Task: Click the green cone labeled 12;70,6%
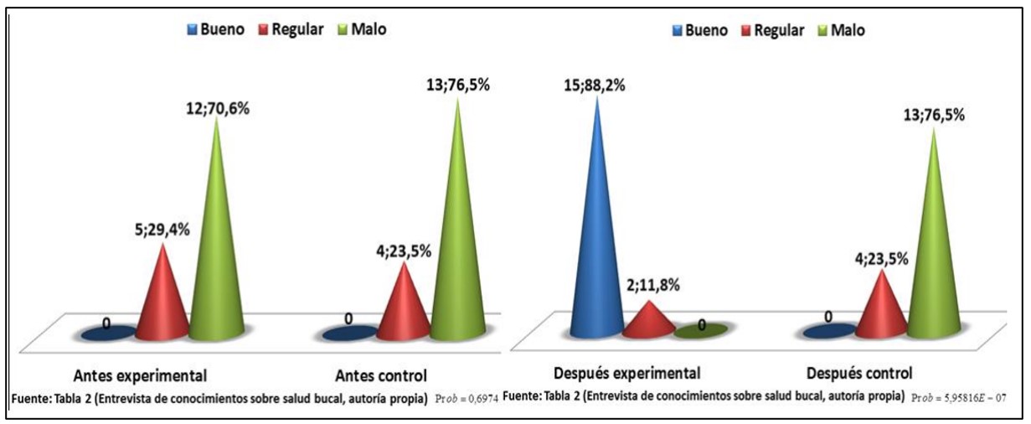pos(217,251)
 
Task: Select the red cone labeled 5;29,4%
pos(162,302)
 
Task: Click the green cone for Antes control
pos(457,243)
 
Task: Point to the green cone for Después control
pos(933,260)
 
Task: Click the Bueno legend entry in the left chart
pos(215,29)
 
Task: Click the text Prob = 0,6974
pos(467,397)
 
